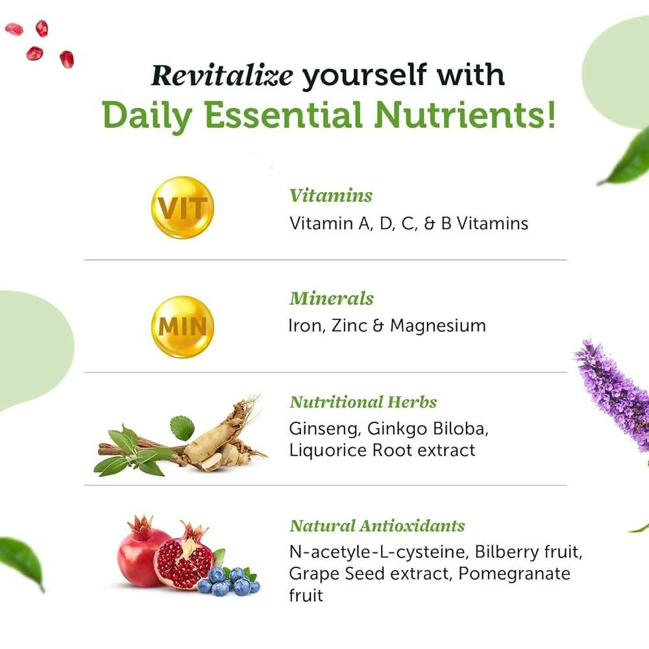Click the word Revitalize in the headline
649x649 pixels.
(x=222, y=76)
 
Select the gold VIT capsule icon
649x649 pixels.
(x=182, y=208)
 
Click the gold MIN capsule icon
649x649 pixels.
(x=182, y=326)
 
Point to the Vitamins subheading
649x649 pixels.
(x=331, y=195)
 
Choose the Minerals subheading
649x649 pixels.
(x=332, y=299)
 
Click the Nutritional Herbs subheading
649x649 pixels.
(x=363, y=402)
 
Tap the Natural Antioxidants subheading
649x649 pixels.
(x=377, y=525)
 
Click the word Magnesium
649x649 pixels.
(x=438, y=326)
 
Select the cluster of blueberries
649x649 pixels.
(x=229, y=580)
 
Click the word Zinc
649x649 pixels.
(x=349, y=326)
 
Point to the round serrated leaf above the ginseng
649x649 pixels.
(x=182, y=428)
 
